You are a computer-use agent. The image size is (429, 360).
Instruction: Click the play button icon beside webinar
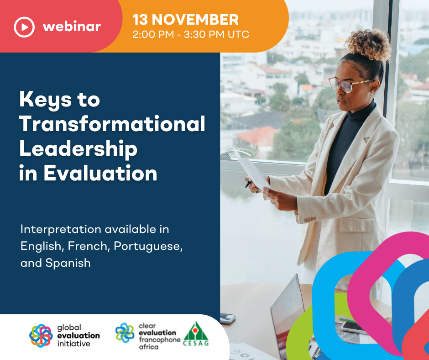point(24,27)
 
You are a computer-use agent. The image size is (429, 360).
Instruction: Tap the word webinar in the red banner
point(72,27)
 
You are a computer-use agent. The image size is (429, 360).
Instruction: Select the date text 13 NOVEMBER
point(185,20)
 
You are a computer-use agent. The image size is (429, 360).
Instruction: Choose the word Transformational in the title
point(112,124)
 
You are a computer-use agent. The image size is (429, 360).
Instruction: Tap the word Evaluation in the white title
point(100,173)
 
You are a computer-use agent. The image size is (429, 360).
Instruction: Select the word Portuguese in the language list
point(148,246)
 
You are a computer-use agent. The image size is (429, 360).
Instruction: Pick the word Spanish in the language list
point(68,263)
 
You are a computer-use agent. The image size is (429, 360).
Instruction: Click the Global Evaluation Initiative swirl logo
point(41,336)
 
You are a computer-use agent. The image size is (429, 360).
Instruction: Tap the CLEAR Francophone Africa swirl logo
point(125,333)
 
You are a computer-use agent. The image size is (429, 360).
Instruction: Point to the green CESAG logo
point(196,334)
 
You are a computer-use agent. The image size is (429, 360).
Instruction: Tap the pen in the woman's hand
point(248,185)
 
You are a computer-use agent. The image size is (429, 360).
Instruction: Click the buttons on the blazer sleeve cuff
point(310,219)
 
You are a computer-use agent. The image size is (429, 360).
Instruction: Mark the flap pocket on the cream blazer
point(357,225)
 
